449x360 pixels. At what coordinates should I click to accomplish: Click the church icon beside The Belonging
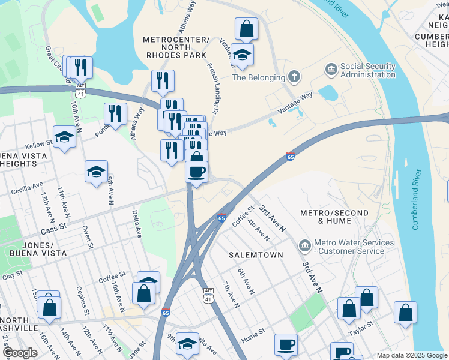[x=293, y=76]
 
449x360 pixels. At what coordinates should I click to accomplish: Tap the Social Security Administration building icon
[x=330, y=70]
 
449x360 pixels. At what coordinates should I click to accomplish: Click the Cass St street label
[x=52, y=230]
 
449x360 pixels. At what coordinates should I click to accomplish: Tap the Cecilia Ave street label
[x=27, y=188]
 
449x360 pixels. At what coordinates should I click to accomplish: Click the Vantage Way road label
[x=295, y=104]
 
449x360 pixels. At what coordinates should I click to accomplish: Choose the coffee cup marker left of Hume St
[x=286, y=345]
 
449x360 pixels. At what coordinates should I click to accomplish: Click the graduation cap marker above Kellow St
[x=64, y=136]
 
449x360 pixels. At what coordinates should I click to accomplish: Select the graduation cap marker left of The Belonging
[x=242, y=55]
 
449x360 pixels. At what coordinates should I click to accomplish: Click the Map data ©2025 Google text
[x=411, y=355]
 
